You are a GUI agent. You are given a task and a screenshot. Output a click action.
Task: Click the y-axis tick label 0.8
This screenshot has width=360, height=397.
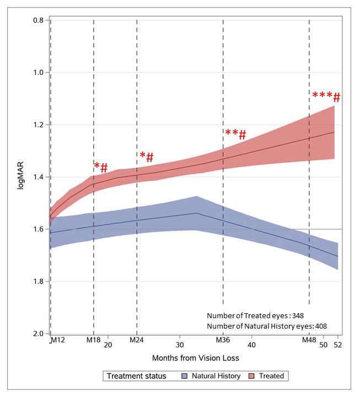[x=38, y=20]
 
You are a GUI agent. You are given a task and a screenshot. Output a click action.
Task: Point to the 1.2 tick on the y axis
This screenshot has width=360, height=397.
[x=38, y=125]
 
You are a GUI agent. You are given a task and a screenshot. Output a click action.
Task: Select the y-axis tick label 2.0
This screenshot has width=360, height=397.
[x=38, y=334]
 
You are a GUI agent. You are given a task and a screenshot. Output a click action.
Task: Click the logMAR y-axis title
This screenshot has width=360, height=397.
[x=20, y=177]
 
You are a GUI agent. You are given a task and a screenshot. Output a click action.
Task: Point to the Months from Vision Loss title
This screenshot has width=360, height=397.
[x=196, y=358]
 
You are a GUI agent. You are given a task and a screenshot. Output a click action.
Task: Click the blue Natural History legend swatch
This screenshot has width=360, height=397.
[x=185, y=376]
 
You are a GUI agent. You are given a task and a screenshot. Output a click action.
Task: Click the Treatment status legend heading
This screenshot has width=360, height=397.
[x=136, y=376]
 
